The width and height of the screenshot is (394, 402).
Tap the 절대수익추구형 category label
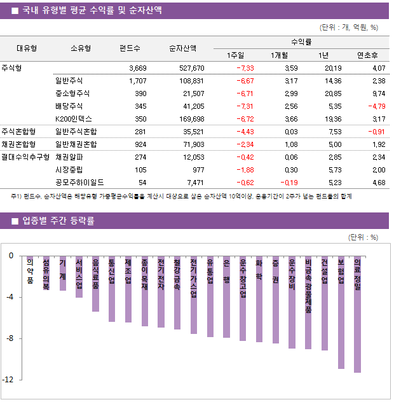coord(25,156)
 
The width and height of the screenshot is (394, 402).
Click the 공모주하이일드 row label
coord(79,182)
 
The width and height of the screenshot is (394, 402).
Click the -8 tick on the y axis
coord(10,338)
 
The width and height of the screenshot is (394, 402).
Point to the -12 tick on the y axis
coord(10,380)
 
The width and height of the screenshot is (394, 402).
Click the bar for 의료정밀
coord(358,318)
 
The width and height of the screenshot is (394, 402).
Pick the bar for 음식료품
coord(95,286)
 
